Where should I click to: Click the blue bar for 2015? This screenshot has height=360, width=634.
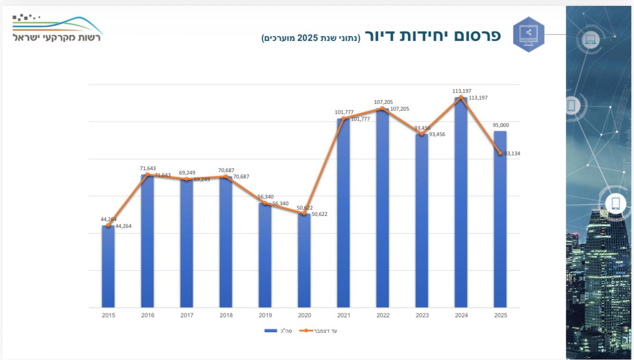[108, 267]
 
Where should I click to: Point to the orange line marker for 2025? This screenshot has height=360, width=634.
[500, 153]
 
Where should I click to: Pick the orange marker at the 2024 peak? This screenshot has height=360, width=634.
[461, 98]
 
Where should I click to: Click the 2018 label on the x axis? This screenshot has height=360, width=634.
[226, 315]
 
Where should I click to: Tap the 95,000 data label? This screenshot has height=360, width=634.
[500, 125]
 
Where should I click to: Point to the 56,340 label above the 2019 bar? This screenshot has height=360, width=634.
[266, 197]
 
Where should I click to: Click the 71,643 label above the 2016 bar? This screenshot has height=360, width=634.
[147, 168]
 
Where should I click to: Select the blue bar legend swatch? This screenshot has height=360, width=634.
[270, 331]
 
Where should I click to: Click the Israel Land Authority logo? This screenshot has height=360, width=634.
[58, 29]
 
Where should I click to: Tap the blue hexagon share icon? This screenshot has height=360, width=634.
[528, 34]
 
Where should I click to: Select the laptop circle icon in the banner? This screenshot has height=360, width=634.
[591, 39]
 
